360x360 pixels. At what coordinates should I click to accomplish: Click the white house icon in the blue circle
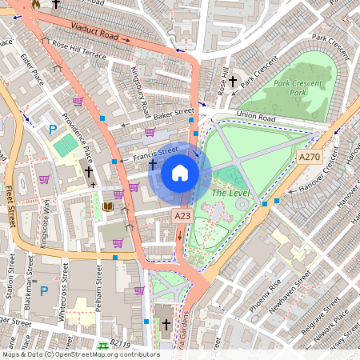tap(180, 173)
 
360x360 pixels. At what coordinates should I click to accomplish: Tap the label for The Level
tap(231, 193)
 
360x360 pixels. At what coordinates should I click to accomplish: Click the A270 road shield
tap(309, 158)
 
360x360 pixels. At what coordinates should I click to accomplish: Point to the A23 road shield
tap(182, 215)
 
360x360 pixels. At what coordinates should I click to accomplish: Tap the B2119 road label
tap(120, 343)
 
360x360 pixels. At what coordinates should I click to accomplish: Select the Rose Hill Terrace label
tap(78, 56)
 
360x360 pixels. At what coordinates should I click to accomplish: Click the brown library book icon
tap(108, 207)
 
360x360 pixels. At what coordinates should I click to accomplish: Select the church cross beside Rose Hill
tap(234, 82)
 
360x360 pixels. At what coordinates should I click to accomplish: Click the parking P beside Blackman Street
tap(44, 290)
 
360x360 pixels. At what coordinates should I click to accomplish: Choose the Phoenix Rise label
tap(264, 295)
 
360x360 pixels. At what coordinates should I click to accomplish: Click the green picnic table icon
tap(102, 346)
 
